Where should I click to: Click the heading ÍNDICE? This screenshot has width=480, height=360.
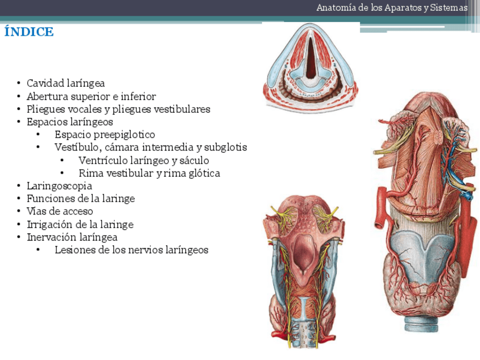point(29,32)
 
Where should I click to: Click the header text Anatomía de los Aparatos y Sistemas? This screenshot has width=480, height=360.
point(392,8)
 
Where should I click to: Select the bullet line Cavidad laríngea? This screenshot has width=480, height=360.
point(66,83)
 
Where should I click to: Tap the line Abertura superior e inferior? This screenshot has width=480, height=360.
point(91,96)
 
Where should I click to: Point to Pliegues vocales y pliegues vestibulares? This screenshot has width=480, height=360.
point(118,109)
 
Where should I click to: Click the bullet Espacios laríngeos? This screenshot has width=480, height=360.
point(70,122)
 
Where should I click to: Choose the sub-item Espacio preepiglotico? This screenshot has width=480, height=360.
point(105,135)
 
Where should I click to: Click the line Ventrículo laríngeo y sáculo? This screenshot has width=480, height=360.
point(144,160)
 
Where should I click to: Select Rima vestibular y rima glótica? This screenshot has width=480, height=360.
point(149,173)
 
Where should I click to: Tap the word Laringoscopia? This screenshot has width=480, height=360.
point(59,186)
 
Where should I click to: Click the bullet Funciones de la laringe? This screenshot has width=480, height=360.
point(80,199)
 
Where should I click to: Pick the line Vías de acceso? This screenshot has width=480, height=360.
point(60,211)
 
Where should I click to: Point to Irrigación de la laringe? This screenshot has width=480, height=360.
point(80,224)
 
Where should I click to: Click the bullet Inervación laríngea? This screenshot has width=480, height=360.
point(72,237)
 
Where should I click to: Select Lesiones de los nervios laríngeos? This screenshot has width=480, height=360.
point(131,250)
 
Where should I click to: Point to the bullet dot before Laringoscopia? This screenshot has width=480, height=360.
point(19,186)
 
